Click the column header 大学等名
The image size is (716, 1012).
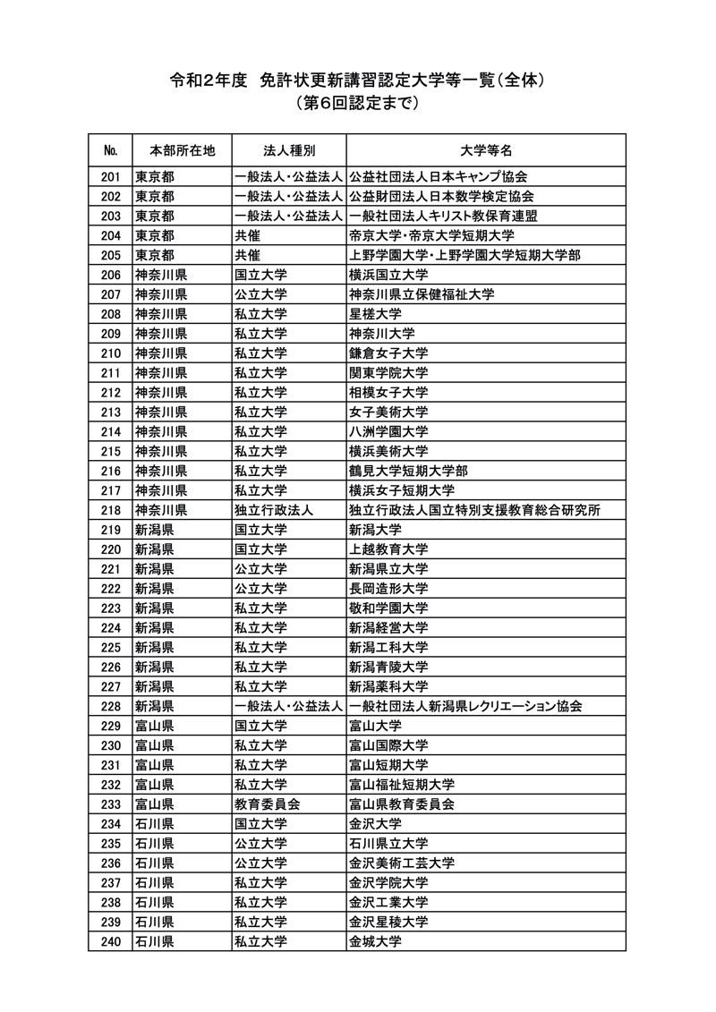click(486, 149)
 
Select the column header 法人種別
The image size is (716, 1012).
click(288, 149)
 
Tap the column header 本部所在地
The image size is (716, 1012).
click(182, 149)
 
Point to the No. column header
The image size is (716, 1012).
click(111, 149)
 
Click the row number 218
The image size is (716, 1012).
click(111, 510)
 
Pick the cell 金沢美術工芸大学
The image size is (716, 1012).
click(401, 863)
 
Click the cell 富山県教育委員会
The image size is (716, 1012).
click(401, 804)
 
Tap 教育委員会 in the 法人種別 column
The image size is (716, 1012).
click(267, 804)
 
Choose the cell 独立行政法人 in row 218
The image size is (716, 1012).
click(273, 510)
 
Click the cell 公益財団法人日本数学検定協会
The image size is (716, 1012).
click(441, 196)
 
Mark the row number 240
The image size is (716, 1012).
click(111, 941)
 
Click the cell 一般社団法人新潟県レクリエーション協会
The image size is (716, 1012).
click(465, 706)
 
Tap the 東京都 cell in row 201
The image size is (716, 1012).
click(155, 176)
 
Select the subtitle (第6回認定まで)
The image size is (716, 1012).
click(358, 104)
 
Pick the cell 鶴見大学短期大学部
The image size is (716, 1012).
click(408, 471)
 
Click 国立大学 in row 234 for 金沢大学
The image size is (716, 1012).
click(260, 823)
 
